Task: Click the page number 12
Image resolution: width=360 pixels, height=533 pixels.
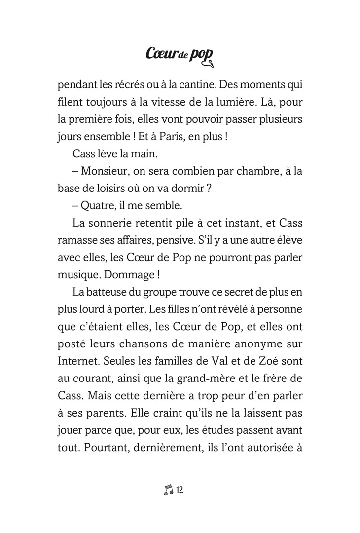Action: click(x=180, y=490)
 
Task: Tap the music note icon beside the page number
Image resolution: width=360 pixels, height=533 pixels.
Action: click(x=168, y=490)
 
